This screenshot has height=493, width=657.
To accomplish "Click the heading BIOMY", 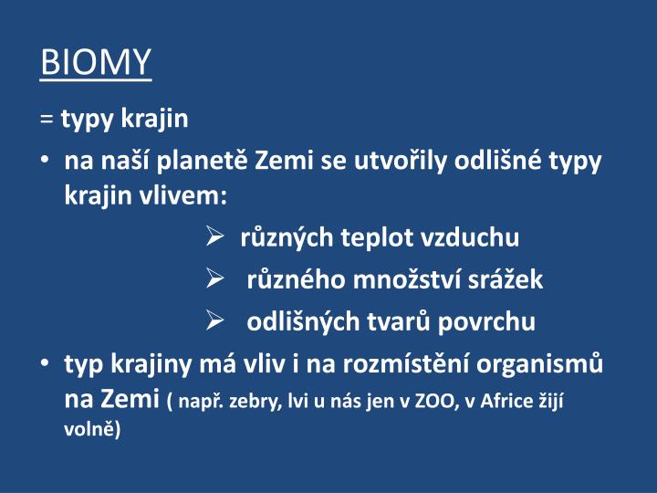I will tap(96, 62).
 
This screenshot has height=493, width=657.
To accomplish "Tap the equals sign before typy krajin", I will tap(47, 119).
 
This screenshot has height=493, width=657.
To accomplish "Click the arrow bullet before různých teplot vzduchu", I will tap(214, 238).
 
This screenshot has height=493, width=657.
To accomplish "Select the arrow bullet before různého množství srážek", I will tap(214, 280).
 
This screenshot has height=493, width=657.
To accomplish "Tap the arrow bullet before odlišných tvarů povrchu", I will tap(214, 321).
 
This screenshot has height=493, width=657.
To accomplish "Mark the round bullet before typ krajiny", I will tap(47, 364).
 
